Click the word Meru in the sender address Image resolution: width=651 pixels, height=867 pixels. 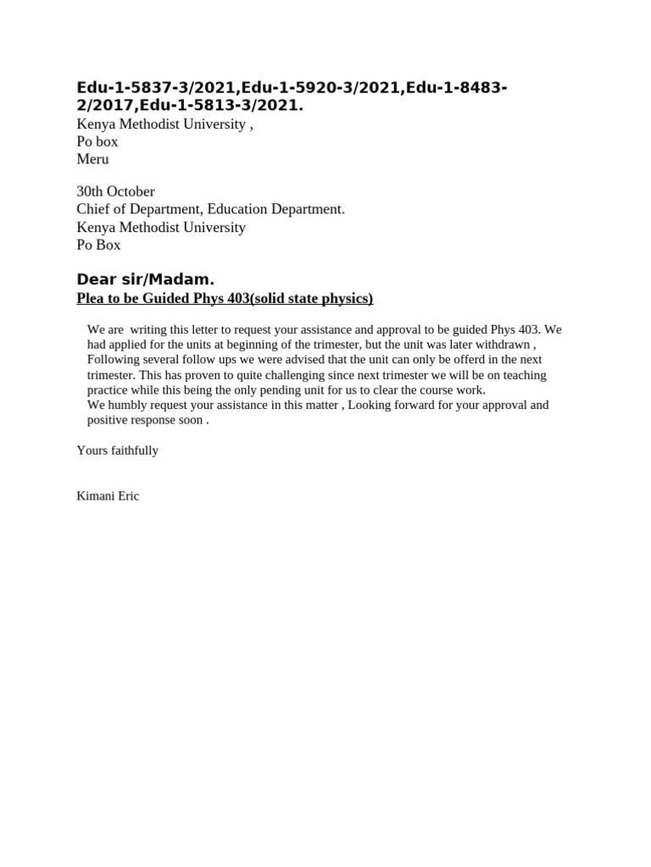pos(92,159)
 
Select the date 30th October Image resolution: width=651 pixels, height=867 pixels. pos(115,191)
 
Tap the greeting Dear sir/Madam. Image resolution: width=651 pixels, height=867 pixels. pos(146,279)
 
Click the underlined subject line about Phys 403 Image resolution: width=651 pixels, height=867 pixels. pos(225,298)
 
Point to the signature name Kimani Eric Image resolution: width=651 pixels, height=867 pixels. pos(108,496)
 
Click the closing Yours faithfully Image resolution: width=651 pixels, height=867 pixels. pos(117,450)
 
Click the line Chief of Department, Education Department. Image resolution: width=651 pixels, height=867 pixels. pos(210,209)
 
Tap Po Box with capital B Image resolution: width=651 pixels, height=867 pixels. pos(98,245)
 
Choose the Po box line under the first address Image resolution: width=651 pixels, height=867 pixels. pos(97,141)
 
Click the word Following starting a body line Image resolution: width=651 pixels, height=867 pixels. pos(115,360)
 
